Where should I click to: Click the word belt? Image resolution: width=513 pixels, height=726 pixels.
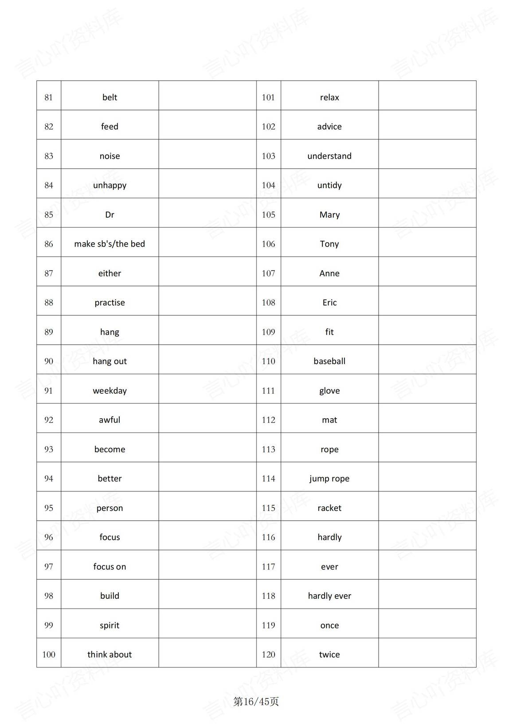(x=110, y=97)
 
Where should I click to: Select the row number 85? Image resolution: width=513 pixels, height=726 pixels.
(x=49, y=215)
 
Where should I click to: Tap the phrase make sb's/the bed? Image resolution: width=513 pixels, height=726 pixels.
(x=110, y=244)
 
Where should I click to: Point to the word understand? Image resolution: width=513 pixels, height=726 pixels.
(x=329, y=156)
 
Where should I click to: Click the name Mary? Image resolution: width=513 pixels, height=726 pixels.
(x=329, y=215)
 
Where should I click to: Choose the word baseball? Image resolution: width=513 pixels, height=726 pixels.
(x=329, y=361)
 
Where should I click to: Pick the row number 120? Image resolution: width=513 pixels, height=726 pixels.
(x=268, y=655)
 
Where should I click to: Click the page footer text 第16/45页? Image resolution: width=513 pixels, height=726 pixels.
(x=256, y=702)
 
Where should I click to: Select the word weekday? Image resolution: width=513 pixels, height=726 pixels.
(x=110, y=391)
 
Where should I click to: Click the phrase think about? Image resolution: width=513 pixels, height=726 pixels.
(x=110, y=655)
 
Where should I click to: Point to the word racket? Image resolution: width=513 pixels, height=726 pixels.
(x=329, y=508)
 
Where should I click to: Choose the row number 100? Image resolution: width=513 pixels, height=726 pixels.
(x=49, y=655)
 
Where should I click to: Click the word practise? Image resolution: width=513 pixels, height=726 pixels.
(x=110, y=303)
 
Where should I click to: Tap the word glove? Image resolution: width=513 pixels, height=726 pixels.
(x=329, y=391)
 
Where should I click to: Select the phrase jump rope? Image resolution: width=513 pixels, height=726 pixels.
(x=329, y=479)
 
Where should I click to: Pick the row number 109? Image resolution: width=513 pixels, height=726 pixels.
(x=268, y=332)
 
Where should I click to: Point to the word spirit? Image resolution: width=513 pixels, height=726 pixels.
(x=110, y=625)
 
